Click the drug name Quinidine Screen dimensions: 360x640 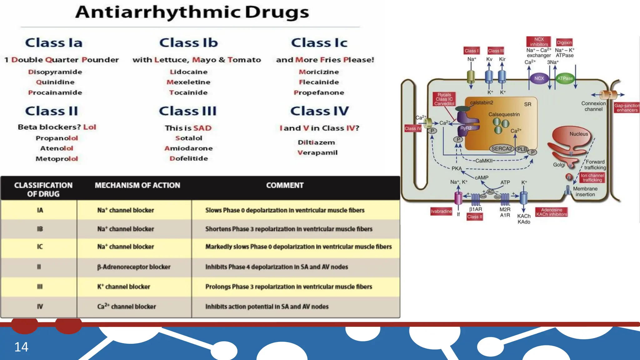click(55, 82)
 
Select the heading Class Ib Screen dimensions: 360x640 click(188, 43)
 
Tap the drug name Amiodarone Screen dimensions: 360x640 click(188, 148)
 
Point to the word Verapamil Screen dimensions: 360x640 click(317, 153)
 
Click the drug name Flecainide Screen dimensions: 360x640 click(319, 82)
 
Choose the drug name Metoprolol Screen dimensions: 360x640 click(57, 159)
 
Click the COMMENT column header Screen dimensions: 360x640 click(285, 185)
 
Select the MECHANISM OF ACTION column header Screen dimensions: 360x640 click(137, 185)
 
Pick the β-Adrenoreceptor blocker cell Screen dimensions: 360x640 click(134, 267)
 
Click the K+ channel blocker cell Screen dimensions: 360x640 click(124, 287)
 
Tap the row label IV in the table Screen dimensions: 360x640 click(40, 307)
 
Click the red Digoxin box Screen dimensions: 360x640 click(564, 42)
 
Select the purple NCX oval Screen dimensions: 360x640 click(539, 78)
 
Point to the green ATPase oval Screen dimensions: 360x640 click(565, 78)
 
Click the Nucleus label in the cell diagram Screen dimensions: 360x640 click(578, 134)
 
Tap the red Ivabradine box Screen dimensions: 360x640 click(441, 212)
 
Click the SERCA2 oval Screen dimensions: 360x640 click(501, 149)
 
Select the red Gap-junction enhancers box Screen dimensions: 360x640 click(626, 108)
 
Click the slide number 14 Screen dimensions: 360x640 click(21, 347)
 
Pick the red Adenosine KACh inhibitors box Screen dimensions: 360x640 click(551, 212)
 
